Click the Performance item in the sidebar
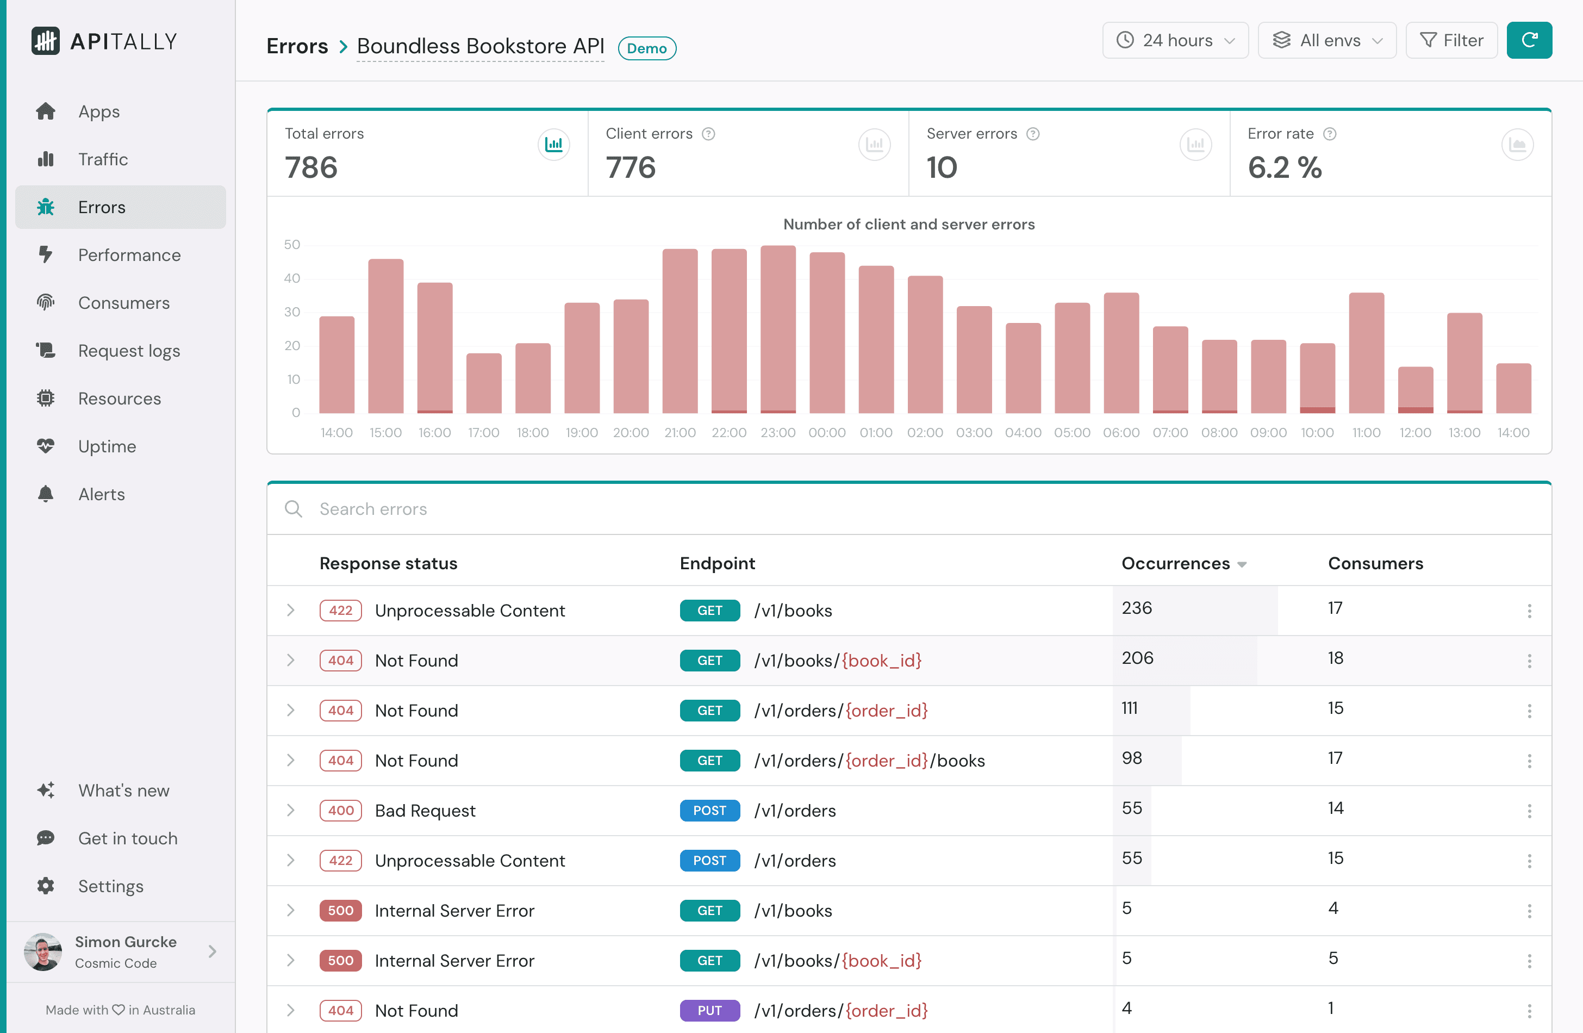pos(129,255)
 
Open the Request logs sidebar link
pos(129,351)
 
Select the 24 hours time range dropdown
pos(1175,41)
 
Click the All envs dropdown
pos(1327,41)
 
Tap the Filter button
pos(1451,41)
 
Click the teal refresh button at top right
pos(1529,41)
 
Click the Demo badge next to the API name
pos(646,48)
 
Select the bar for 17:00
pos(484,383)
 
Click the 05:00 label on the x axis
pos(1071,433)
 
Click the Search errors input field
pos(665,509)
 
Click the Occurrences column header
pos(1175,563)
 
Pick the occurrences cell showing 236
pos(1137,608)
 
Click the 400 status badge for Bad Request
pos(340,810)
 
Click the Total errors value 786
pos(311,167)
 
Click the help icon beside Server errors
pos(1033,134)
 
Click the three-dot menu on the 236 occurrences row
pos(1529,611)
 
